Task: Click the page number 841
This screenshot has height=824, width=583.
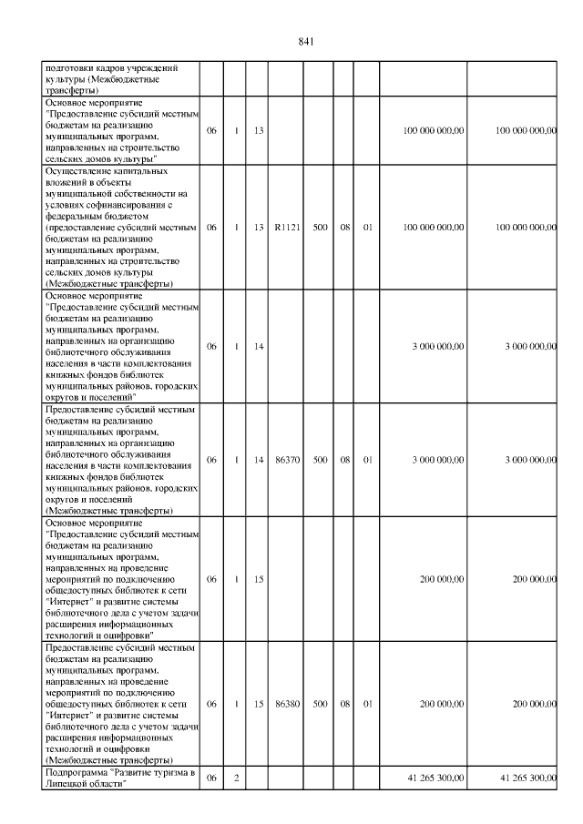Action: point(306,42)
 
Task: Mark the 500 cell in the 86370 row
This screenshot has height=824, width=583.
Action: point(320,460)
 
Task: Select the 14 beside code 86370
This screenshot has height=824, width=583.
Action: point(259,460)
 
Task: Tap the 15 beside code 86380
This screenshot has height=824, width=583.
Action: point(259,704)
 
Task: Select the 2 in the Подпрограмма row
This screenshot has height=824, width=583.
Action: point(236,778)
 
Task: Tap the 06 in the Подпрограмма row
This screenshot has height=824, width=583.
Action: point(211,778)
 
